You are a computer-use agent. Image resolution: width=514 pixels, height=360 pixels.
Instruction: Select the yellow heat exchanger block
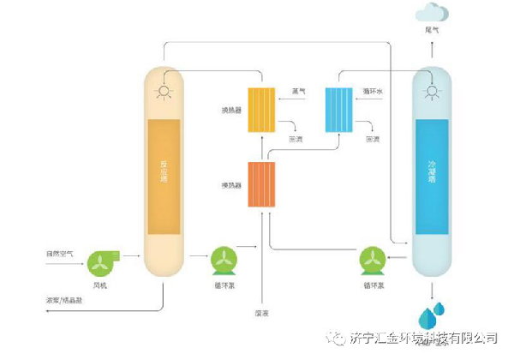point(260,111)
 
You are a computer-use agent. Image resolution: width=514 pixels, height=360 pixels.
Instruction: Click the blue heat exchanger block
point(339,109)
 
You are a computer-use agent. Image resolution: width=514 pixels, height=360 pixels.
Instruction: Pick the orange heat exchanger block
point(261,184)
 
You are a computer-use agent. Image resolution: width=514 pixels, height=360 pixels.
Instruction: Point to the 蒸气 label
point(299,90)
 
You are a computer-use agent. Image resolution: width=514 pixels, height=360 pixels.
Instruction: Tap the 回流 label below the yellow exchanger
point(295,137)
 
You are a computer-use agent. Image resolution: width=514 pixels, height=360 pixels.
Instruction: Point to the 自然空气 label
point(59,253)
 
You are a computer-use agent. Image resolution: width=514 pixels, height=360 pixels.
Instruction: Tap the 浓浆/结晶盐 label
point(65,300)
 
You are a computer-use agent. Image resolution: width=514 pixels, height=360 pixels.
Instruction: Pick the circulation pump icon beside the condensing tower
point(373,260)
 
